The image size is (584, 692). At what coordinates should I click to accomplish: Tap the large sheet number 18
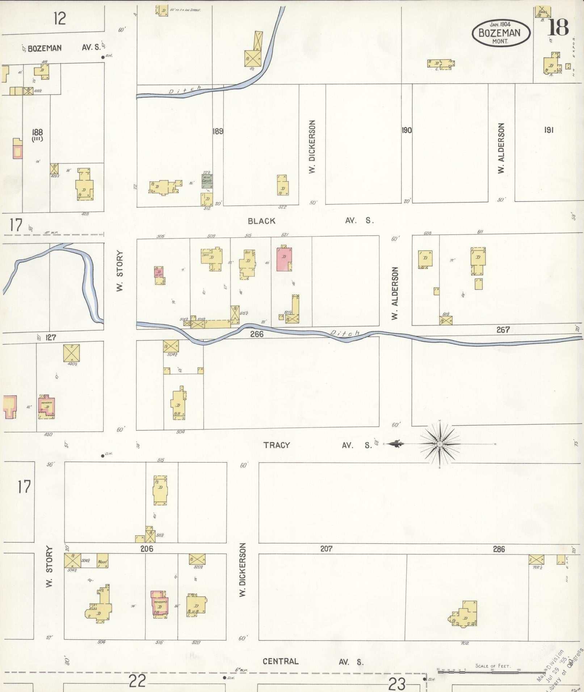(x=558, y=27)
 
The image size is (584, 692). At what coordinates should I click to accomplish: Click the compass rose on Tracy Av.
(x=440, y=444)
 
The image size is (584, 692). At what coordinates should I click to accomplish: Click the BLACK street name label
(x=262, y=221)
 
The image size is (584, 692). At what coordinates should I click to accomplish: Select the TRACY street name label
(x=277, y=445)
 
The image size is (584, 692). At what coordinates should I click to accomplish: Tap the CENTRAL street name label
(x=281, y=662)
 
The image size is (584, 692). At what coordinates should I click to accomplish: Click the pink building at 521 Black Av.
(x=285, y=259)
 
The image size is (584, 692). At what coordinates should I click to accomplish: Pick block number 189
(x=218, y=131)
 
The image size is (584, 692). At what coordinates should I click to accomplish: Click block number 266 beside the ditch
(x=257, y=334)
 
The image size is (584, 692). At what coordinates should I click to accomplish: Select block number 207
(x=326, y=549)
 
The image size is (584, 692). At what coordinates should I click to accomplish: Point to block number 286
(x=499, y=549)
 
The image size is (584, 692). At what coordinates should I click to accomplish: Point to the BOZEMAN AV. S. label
(x=63, y=48)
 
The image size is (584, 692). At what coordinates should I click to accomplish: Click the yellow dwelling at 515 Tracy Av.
(x=160, y=490)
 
